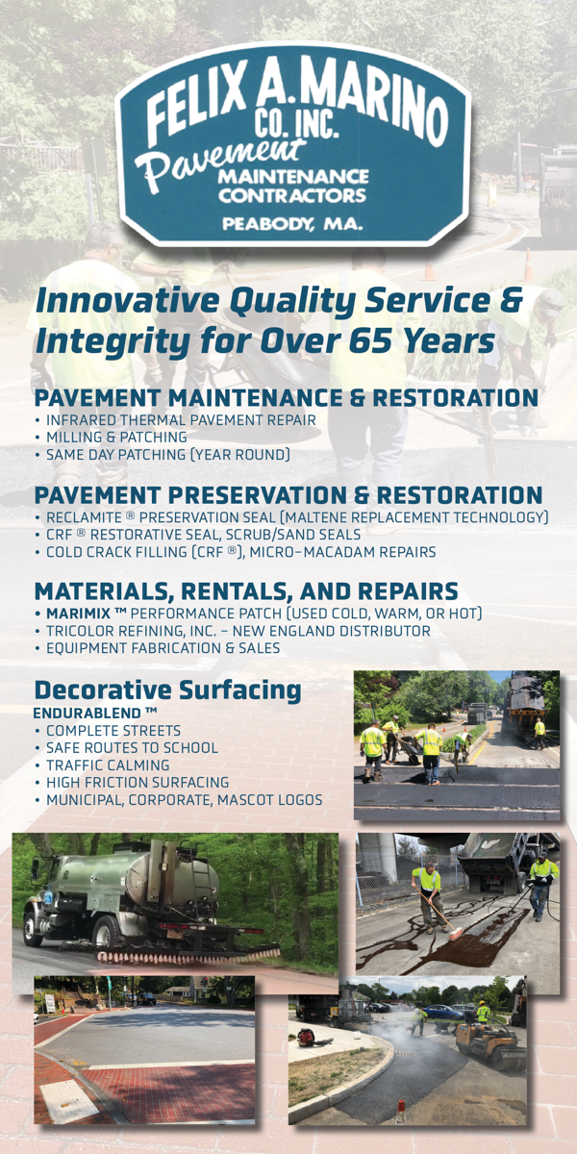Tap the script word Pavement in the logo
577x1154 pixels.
(x=217, y=163)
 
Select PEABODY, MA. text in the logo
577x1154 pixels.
(x=292, y=224)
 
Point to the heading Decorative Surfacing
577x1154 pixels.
(x=167, y=690)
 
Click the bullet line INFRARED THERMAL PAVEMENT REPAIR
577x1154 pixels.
(x=181, y=420)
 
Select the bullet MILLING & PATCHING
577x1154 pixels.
(x=116, y=437)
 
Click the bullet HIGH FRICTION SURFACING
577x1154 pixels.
(x=138, y=782)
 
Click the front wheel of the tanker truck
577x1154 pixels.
(x=35, y=929)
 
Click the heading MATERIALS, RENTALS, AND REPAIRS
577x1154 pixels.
(x=246, y=590)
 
